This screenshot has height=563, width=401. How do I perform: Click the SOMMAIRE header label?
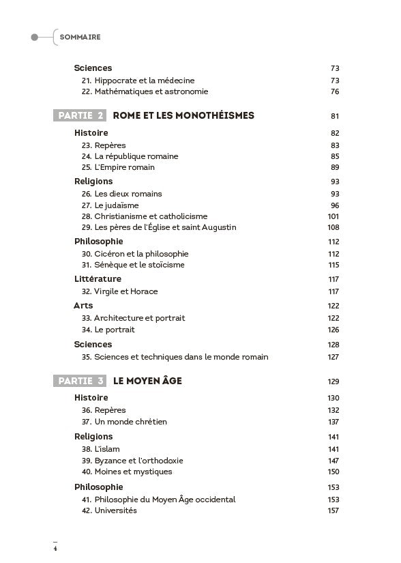[80, 37]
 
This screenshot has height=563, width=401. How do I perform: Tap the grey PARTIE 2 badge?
[80, 115]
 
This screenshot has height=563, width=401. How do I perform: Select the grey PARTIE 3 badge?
[80, 380]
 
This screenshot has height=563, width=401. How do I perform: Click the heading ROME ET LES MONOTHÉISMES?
[183, 115]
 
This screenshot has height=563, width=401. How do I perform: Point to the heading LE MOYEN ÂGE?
[147, 380]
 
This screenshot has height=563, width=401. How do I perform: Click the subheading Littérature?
[98, 278]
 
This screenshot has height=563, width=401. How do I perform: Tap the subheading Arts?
[83, 305]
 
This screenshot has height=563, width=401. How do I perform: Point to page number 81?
[334, 116]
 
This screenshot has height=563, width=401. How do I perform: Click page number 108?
[333, 227]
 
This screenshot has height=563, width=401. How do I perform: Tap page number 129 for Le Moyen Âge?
[333, 381]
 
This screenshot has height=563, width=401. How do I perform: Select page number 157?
[333, 510]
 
